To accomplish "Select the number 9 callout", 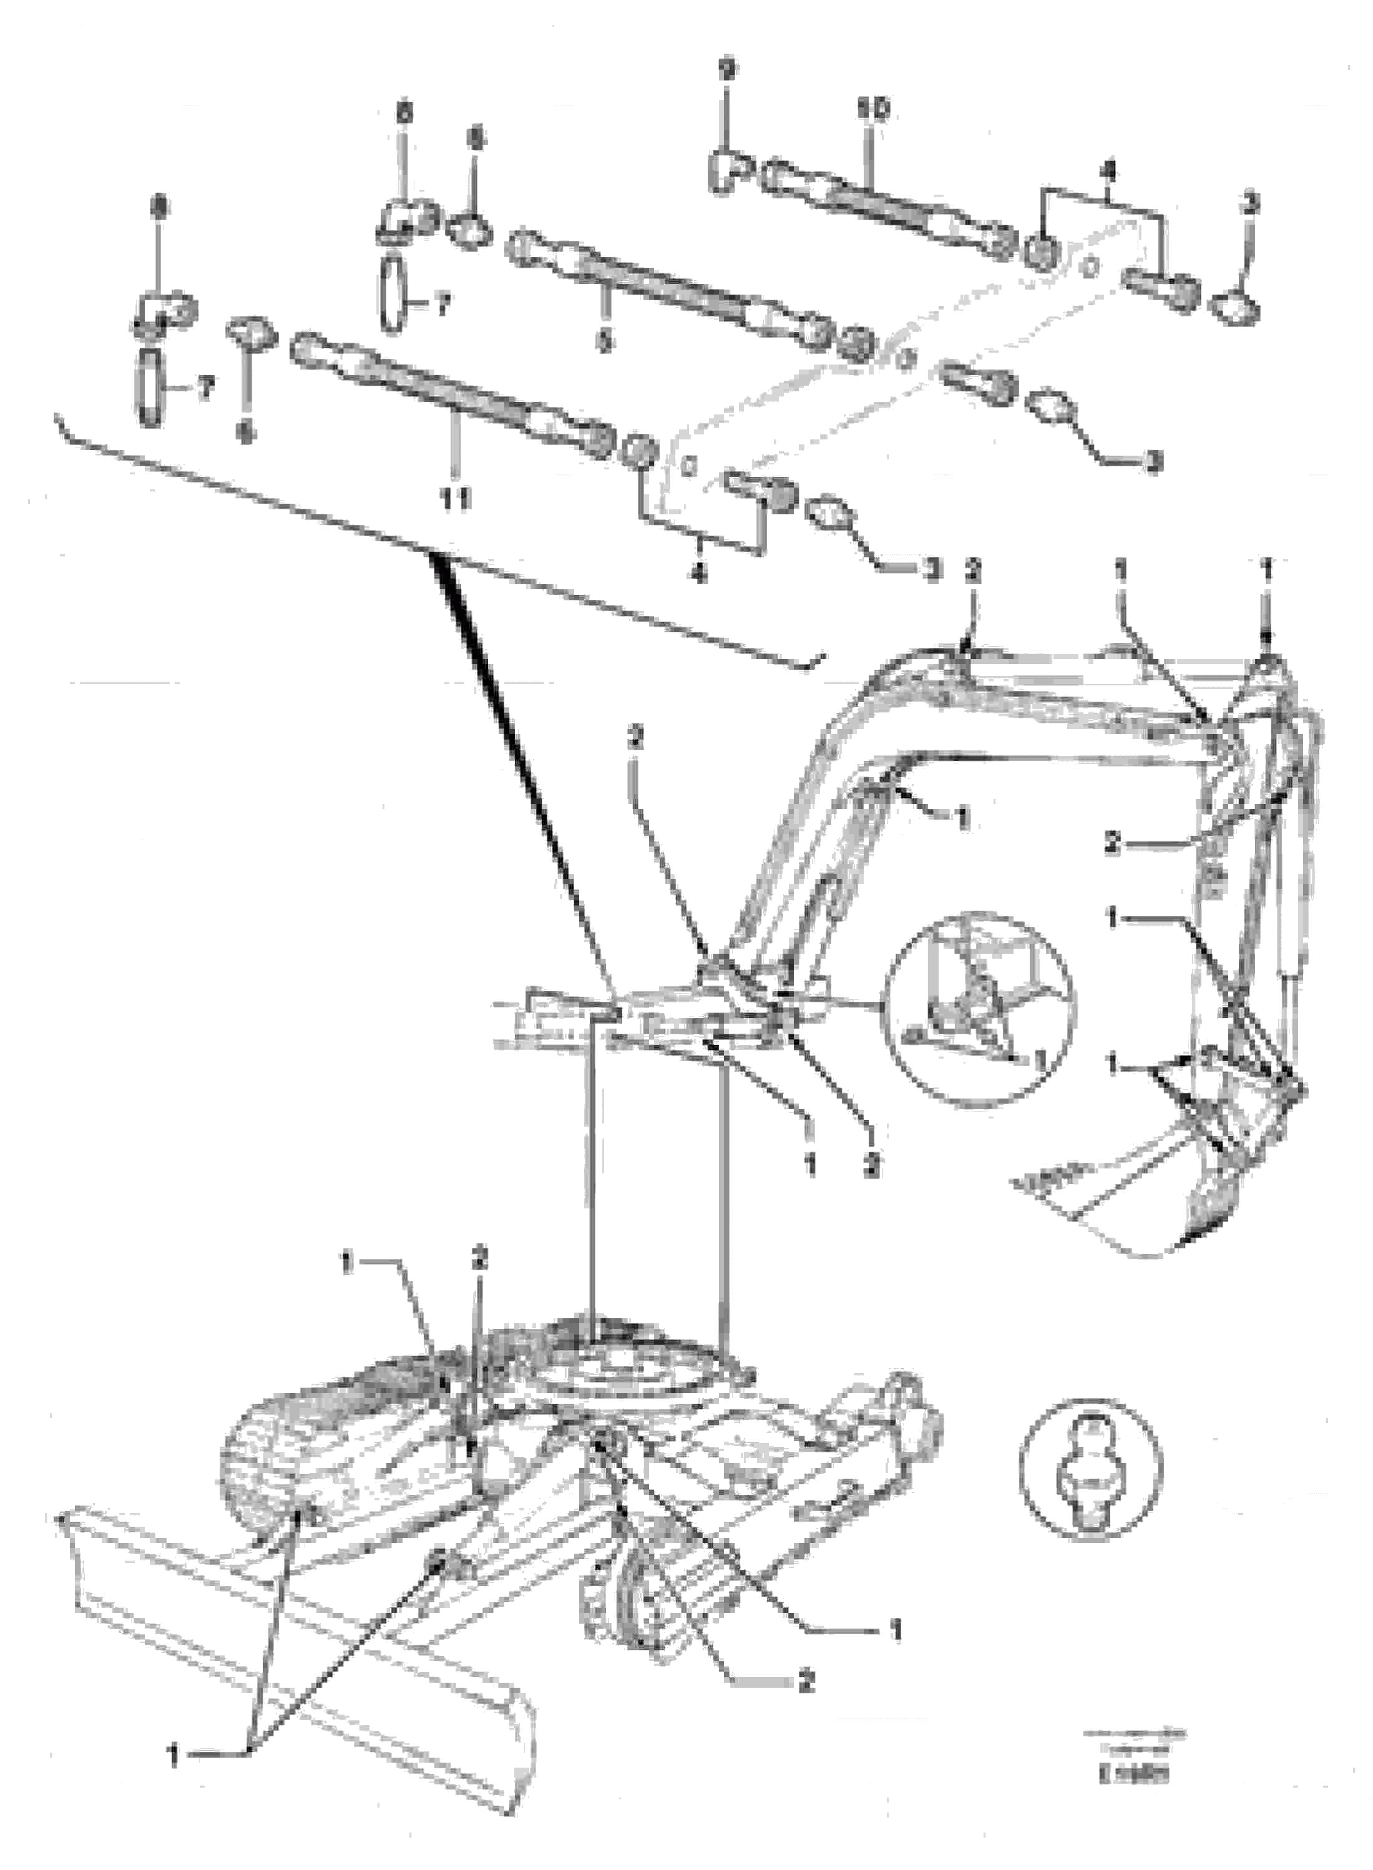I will [726, 70].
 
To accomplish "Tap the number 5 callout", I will [604, 341].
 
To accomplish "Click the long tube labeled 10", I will [889, 203].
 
